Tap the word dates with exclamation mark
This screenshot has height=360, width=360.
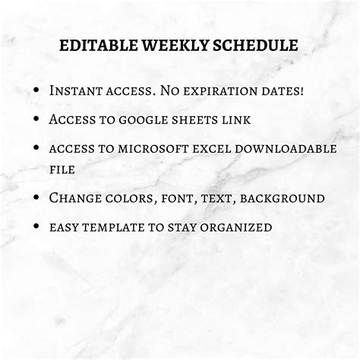click(279, 90)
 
